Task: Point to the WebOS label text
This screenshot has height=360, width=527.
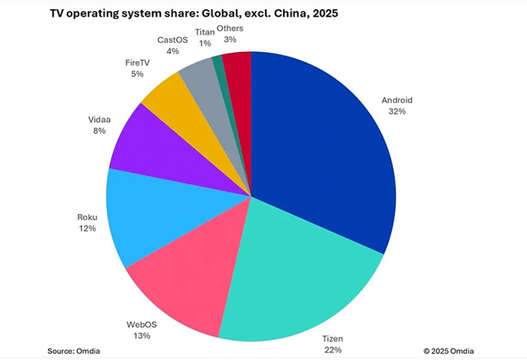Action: [x=141, y=325]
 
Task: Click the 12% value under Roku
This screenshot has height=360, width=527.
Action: [x=86, y=228]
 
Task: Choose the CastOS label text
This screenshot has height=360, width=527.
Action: [x=173, y=40]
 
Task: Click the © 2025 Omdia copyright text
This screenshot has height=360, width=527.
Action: [x=449, y=350]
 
